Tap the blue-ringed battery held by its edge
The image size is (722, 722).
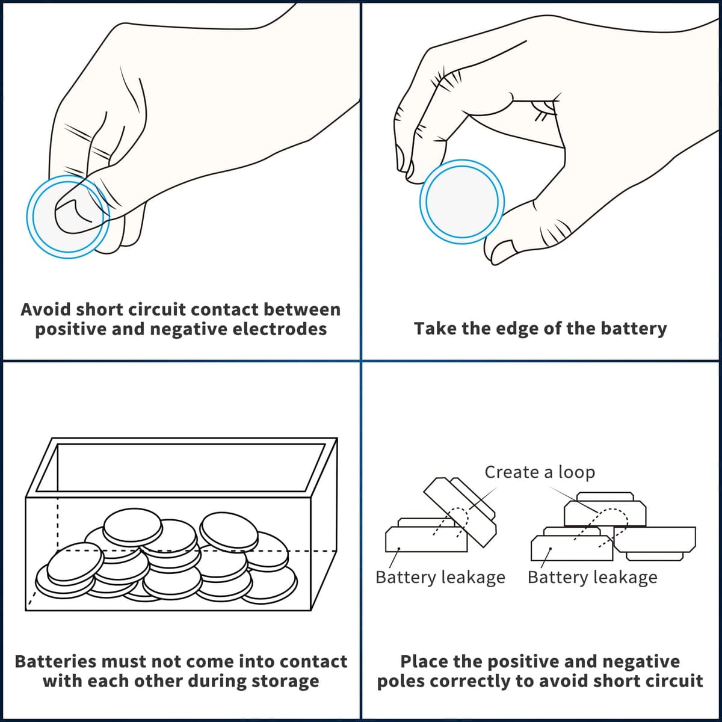(x=462, y=202)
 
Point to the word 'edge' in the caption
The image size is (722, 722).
(x=521, y=329)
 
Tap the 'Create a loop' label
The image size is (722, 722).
(x=540, y=472)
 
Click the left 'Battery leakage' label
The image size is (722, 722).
(x=440, y=578)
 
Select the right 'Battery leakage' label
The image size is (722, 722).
(x=593, y=578)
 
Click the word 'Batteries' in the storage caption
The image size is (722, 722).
(x=55, y=662)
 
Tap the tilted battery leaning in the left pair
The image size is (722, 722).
(x=460, y=511)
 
